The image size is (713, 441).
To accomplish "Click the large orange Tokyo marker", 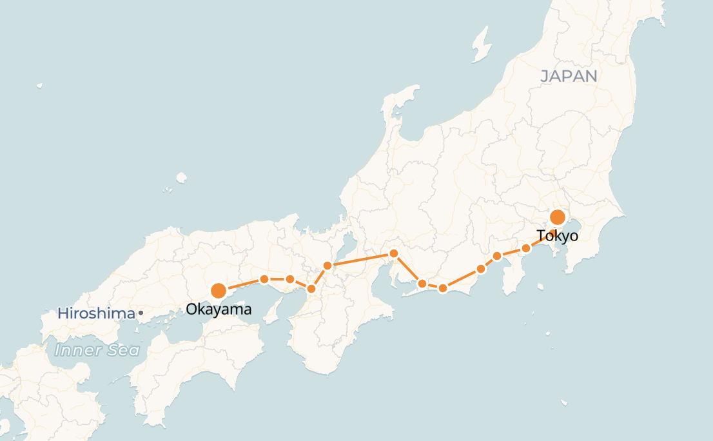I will [558, 217].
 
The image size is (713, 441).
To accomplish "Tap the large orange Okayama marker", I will [219, 291].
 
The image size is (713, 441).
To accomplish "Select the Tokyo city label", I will [558, 237].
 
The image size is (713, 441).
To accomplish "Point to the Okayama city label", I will [219, 310].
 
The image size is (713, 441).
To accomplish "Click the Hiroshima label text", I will [96, 314].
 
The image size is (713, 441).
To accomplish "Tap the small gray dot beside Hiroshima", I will [141, 313].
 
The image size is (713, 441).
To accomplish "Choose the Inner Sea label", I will [97, 350].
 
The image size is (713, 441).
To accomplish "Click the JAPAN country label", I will [569, 76].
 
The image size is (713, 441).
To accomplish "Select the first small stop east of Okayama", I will [264, 279].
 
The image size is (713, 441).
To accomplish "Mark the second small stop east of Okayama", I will [290, 279].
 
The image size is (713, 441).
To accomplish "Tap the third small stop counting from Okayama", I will [311, 289].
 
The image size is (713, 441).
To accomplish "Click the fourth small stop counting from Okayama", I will [327, 266].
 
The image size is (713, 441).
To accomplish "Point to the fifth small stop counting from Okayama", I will [393, 253].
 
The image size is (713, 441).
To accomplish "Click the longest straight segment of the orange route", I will [360, 259].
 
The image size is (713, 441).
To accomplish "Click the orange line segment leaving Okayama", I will [241, 285].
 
